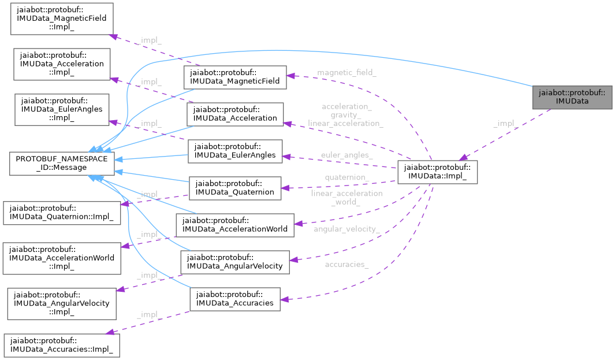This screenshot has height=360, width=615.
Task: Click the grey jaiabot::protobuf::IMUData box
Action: pyautogui.click(x=572, y=97)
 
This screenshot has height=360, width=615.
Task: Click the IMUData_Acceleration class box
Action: pyautogui.click(x=236, y=114)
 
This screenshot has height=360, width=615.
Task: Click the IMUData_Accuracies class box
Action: pyautogui.click(x=234, y=299)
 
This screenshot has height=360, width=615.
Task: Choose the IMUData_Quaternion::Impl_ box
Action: pyautogui.click(x=62, y=213)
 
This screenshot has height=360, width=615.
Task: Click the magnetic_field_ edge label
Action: pyautogui.click(x=346, y=72)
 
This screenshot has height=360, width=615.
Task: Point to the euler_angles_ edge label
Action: pyautogui.click(x=347, y=155)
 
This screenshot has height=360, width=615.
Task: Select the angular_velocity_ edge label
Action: pyautogui.click(x=346, y=229)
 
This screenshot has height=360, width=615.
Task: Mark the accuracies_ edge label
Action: pyautogui.click(x=346, y=264)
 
